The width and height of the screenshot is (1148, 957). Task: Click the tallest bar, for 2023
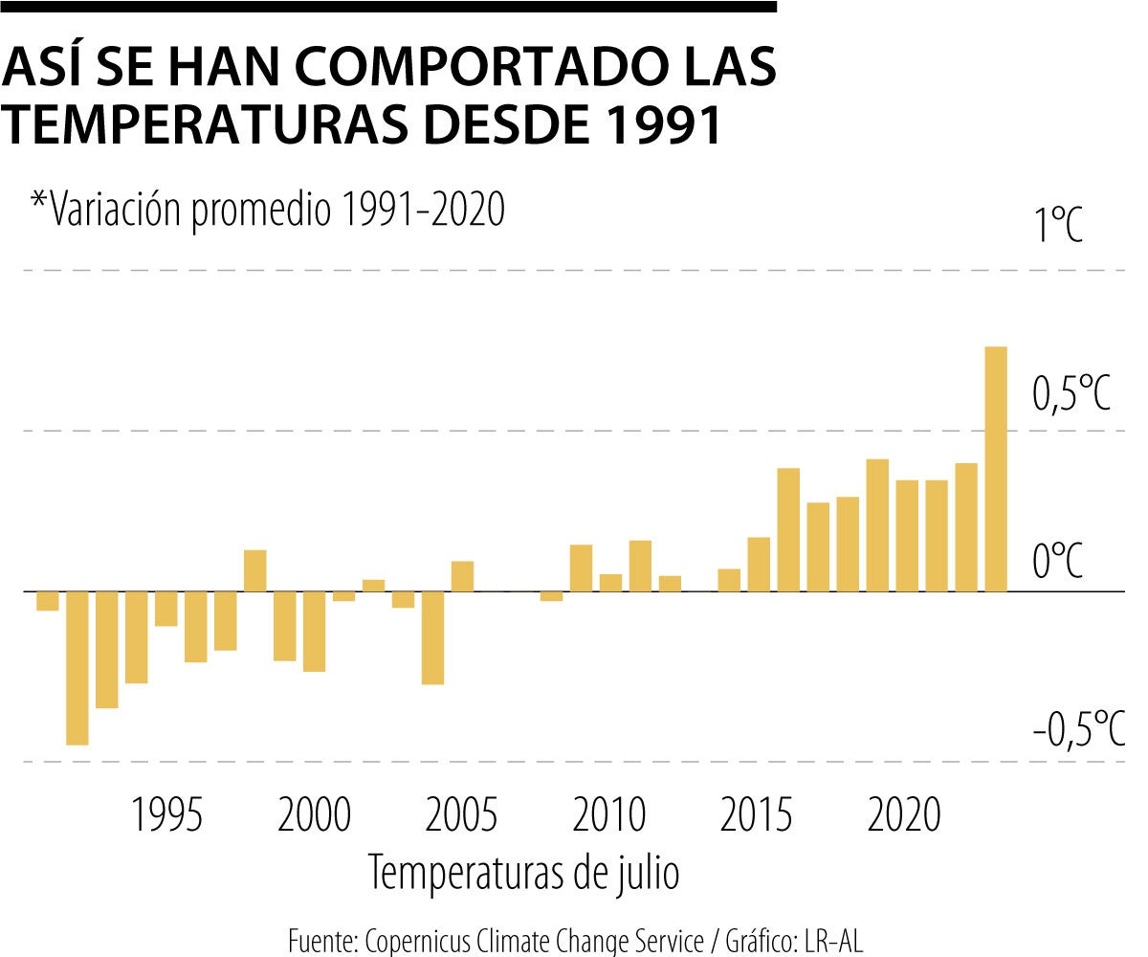(996, 469)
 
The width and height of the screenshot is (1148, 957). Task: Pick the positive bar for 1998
(254, 570)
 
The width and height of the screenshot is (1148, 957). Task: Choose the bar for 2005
(462, 576)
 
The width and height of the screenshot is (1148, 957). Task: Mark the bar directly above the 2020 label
(907, 535)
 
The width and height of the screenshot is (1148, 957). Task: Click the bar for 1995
(166, 609)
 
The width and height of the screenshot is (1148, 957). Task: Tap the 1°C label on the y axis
(1056, 228)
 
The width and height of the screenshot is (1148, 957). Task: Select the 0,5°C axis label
(1071, 393)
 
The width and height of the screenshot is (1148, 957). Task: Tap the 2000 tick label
(315, 816)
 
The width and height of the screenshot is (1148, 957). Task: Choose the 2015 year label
(757, 816)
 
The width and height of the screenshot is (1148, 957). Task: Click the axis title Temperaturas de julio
(524, 873)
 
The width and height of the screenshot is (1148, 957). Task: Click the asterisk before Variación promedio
(38, 199)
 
